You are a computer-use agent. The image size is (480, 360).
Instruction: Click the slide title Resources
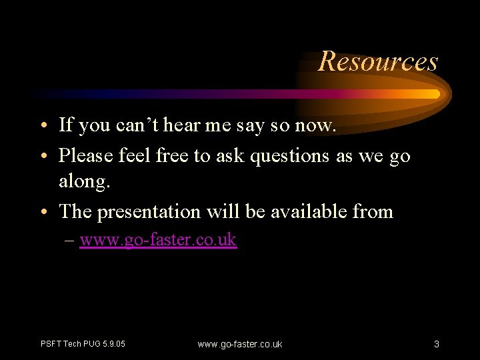point(378,61)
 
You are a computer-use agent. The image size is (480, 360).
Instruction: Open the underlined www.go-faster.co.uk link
point(158,239)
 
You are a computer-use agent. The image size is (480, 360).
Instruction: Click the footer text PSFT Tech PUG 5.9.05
point(83,344)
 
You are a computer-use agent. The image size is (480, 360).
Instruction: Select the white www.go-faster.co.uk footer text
point(240,344)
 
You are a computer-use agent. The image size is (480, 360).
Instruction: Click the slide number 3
point(436,344)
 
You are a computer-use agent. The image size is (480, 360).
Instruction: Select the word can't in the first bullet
point(133,124)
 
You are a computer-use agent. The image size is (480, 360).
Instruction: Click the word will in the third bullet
point(222,211)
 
